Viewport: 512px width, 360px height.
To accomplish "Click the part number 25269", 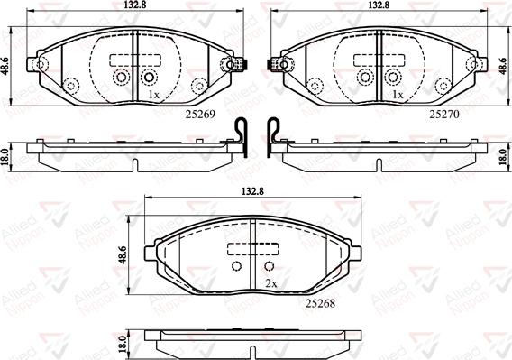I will (x=199, y=115).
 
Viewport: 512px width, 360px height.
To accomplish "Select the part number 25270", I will (x=444, y=115).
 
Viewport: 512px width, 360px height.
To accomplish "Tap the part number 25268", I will (x=320, y=303).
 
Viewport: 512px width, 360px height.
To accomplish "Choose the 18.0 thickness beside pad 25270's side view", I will (x=503, y=156).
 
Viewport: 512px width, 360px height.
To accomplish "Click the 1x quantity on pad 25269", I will (x=153, y=95).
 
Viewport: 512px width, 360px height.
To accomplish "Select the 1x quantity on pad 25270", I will (x=397, y=95).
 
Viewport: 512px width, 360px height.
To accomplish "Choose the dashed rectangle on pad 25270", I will (x=376, y=62).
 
